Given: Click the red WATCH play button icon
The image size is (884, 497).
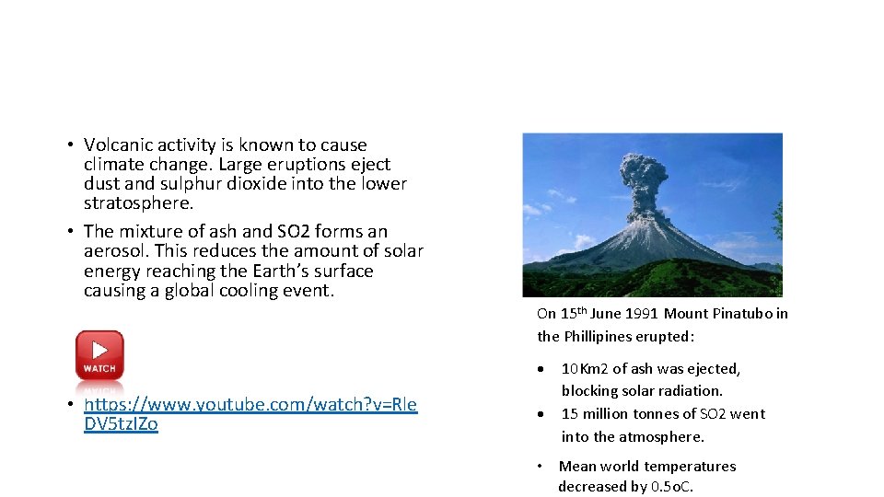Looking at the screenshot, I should pyautogui.click(x=99, y=355).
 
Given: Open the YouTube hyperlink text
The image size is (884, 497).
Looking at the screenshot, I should pyautogui.click(x=250, y=405).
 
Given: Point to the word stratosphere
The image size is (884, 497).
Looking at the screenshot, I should pyautogui.click(x=138, y=203).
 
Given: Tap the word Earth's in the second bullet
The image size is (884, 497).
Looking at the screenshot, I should pyautogui.click(x=280, y=272).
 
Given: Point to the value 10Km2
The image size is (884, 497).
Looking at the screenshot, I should pyautogui.click(x=586, y=369).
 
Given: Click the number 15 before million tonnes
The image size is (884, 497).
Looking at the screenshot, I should pyautogui.click(x=570, y=414).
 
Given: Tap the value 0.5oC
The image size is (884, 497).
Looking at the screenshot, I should pyautogui.click(x=671, y=487).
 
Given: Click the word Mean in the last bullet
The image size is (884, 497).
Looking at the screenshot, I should pyautogui.click(x=576, y=467).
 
